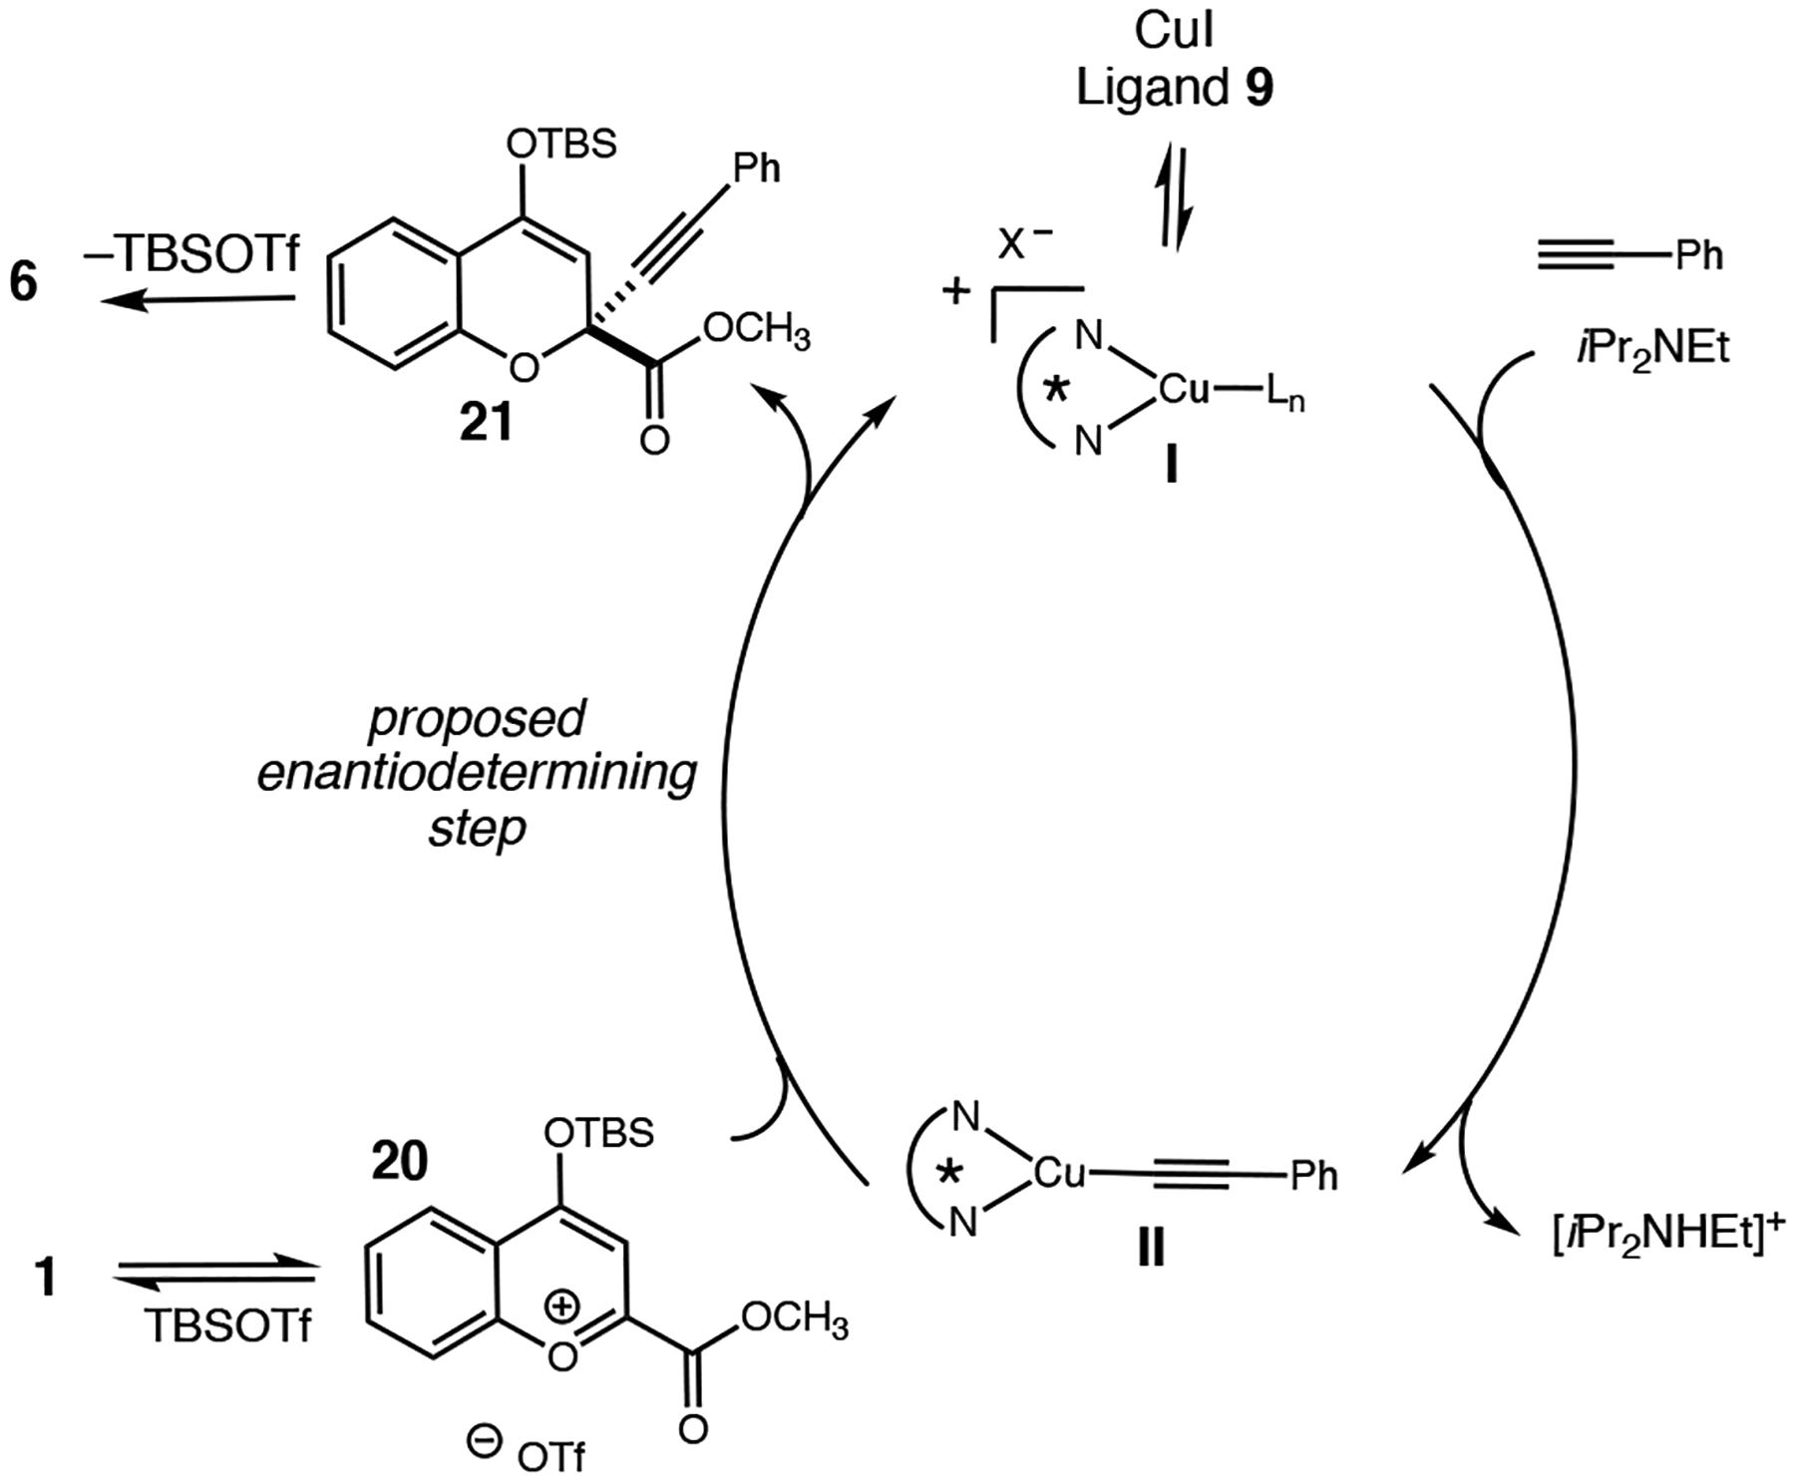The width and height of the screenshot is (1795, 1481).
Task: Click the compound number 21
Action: pos(486,424)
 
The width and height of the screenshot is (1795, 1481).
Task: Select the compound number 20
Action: pos(399,1161)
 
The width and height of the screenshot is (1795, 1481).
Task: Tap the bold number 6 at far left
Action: pos(24,282)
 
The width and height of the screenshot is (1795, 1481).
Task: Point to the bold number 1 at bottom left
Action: pos(45,1279)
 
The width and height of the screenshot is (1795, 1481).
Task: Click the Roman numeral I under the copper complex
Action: pos(1172,466)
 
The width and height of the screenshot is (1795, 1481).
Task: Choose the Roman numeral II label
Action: pos(1151,1248)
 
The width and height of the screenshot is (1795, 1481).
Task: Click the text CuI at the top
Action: pos(1174,32)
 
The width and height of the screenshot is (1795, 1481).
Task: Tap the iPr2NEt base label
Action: pos(1652,348)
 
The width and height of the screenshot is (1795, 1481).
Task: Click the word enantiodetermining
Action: pos(477,773)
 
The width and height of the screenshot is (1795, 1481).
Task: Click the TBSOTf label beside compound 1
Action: pos(228,1326)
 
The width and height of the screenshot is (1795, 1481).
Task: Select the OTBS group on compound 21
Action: pos(561,145)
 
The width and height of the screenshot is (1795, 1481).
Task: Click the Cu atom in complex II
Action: pos(1059,1173)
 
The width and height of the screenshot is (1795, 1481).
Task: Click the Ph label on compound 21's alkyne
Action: pos(757,169)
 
